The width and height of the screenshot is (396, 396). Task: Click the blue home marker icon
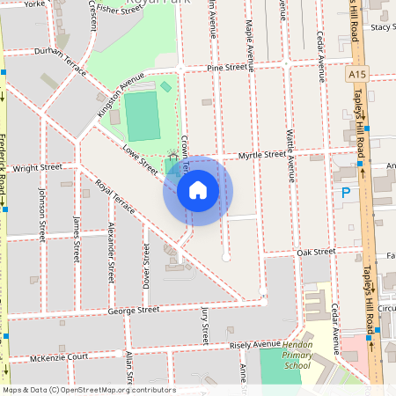pyautogui.click(x=198, y=189)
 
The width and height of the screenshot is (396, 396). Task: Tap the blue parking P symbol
pyautogui.click(x=346, y=191)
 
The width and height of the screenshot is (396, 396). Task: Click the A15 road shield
pyautogui.click(x=356, y=76)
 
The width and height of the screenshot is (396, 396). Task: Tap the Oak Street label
pyautogui.click(x=316, y=252)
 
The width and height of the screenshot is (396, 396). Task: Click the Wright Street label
pyautogui.click(x=38, y=166)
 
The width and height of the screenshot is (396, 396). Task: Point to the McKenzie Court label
pyautogui.click(x=60, y=356)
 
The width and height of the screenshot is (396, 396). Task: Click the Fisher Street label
pyautogui.click(x=120, y=10)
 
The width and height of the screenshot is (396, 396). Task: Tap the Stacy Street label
pyautogui.click(x=383, y=27)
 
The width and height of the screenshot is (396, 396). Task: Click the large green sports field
pyautogui.click(x=142, y=114)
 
